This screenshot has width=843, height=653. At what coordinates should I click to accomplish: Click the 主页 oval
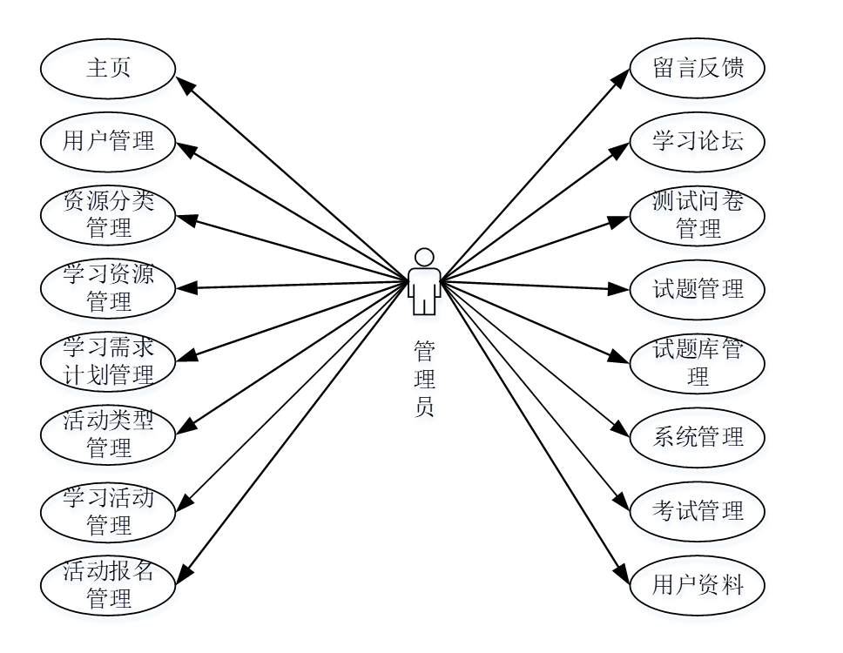pos(108,69)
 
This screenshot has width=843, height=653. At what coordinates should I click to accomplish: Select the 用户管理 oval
pos(108,141)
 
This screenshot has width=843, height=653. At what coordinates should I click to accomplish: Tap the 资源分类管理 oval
pos(108,215)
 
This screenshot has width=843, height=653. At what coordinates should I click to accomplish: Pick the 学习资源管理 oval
pos(108,288)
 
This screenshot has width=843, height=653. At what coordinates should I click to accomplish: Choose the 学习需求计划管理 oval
pos(108,361)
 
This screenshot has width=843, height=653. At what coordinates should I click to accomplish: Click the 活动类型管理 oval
pos(108,435)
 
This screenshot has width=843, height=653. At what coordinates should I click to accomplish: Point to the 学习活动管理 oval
pos(108,512)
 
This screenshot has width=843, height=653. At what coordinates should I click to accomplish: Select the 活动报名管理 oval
pos(108,585)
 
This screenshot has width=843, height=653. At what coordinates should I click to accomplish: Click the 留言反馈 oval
pos(698,69)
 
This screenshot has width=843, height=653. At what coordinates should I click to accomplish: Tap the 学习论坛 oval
pos(698,141)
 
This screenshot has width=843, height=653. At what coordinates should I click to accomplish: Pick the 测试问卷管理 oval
pos(698,215)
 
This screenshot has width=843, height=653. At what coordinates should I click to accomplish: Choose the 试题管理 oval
pos(698,288)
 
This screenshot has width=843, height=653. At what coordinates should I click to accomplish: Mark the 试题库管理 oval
pos(698,363)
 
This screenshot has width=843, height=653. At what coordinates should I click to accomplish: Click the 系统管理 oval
pos(698,437)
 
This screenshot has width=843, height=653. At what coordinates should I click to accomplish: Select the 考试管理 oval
pos(698,511)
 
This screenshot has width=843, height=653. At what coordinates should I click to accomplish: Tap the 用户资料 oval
pos(698,585)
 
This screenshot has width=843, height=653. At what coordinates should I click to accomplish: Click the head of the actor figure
pos(424,257)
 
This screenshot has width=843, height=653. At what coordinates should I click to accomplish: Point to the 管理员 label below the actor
pos(424,379)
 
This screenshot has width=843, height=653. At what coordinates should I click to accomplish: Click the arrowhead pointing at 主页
pos(185,84)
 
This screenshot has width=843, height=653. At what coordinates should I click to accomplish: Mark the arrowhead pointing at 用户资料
pos(622,576)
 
